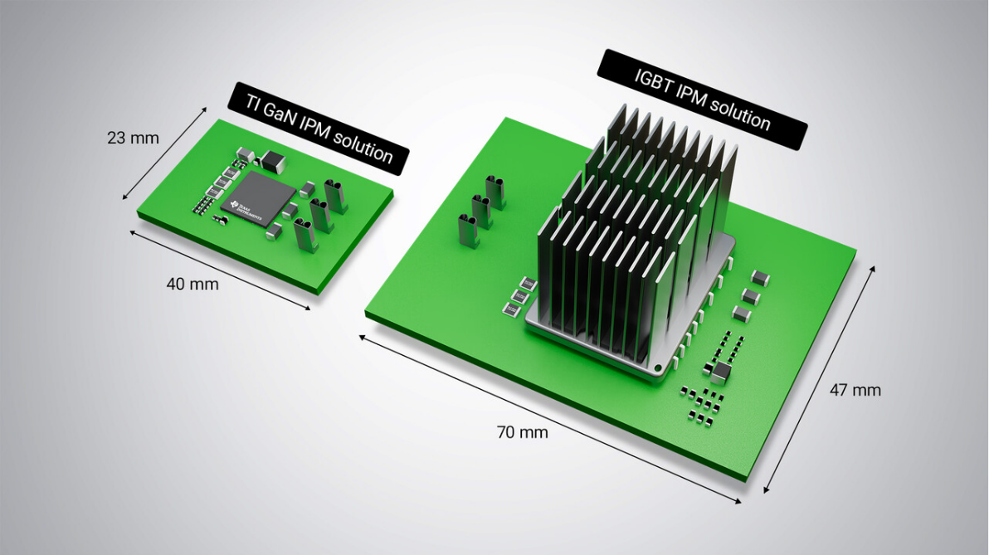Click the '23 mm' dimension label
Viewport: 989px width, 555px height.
tap(132, 138)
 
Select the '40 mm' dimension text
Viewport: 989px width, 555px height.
tap(192, 284)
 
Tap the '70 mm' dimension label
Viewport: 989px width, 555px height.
tap(522, 431)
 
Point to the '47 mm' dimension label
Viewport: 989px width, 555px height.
tap(855, 390)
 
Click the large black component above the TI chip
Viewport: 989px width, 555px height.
tap(271, 160)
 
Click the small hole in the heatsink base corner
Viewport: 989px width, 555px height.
tap(658, 367)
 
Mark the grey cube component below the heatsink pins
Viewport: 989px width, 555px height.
tap(720, 373)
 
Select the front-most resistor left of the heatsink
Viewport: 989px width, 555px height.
tap(512, 309)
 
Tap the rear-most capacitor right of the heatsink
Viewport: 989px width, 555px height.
tap(759, 276)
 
